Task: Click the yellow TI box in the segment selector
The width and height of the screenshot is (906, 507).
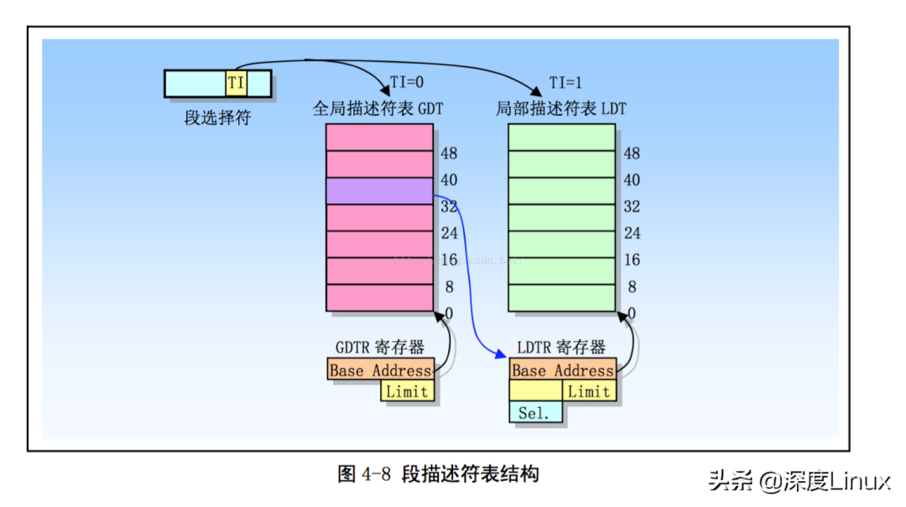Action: [x=236, y=83]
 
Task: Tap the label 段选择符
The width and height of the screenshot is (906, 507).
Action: [x=217, y=118]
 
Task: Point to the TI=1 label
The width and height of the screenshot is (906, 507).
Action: [x=565, y=82]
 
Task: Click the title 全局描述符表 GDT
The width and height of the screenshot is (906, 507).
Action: [x=377, y=109]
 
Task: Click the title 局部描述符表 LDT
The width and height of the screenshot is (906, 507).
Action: [x=560, y=109]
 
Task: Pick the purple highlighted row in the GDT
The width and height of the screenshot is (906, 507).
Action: [x=379, y=191]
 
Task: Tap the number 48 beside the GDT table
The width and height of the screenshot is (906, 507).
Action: [x=449, y=153]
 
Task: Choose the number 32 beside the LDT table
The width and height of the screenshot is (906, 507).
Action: [x=632, y=206]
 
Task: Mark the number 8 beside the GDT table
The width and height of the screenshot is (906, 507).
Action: [x=450, y=287]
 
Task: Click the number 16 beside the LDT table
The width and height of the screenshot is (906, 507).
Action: [x=632, y=260]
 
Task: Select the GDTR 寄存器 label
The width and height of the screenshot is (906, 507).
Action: [x=379, y=347]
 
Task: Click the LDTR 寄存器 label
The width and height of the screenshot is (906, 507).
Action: [x=561, y=347]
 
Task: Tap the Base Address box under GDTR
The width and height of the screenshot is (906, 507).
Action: [x=380, y=370]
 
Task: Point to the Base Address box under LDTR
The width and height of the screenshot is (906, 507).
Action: [x=562, y=370]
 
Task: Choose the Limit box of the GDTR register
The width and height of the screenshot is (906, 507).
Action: [x=408, y=391]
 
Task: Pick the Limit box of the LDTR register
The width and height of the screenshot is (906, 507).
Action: [x=589, y=391]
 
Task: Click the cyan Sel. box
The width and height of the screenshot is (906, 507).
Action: [x=534, y=412]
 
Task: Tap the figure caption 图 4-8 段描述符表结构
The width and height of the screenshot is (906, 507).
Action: [x=438, y=474]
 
